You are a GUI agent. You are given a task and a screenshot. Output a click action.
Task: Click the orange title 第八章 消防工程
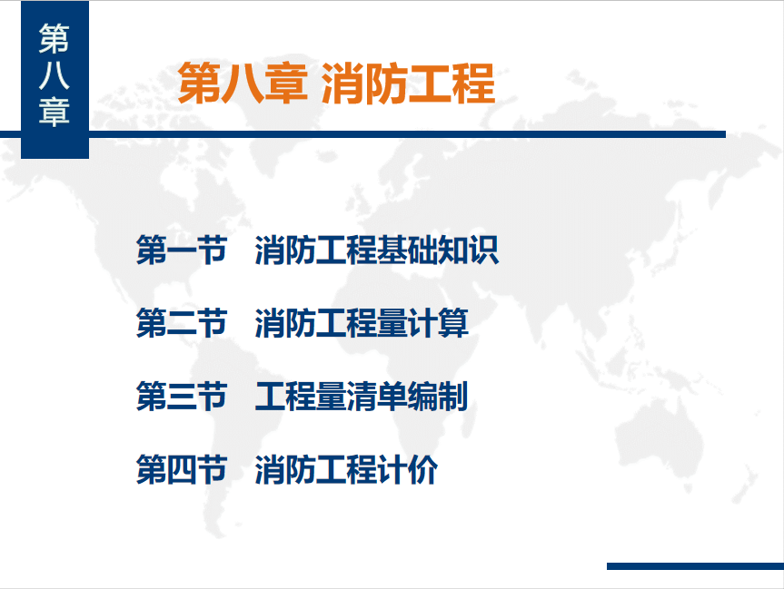[336, 83]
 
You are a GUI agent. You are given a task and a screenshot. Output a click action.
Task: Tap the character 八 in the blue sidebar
[54, 76]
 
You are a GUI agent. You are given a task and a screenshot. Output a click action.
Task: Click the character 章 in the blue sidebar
[54, 112]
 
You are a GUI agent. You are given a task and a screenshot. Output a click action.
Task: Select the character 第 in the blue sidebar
[54, 39]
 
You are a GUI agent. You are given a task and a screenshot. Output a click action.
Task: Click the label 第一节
[182, 250]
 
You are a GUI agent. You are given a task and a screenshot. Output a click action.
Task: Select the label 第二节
[182, 323]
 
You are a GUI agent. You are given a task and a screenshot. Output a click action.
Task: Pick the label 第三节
[182, 397]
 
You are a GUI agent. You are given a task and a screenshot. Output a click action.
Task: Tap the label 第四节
[182, 469]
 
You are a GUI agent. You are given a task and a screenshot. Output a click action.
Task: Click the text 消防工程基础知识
[377, 250]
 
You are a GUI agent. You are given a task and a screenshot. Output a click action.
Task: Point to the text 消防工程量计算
[362, 323]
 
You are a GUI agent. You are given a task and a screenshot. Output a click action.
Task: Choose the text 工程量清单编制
[362, 397]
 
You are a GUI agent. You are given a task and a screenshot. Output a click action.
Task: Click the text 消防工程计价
[346, 469]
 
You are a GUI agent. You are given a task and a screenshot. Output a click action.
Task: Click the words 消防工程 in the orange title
[409, 83]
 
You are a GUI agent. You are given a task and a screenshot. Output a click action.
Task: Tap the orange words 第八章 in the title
[243, 83]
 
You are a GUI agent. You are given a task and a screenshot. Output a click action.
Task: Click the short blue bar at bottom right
[695, 566]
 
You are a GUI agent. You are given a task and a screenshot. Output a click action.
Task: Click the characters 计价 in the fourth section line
[408, 469]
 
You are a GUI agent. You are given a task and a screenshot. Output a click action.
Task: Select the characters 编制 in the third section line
[438, 397]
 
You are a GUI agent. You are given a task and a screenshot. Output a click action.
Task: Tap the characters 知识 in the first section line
[469, 250]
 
